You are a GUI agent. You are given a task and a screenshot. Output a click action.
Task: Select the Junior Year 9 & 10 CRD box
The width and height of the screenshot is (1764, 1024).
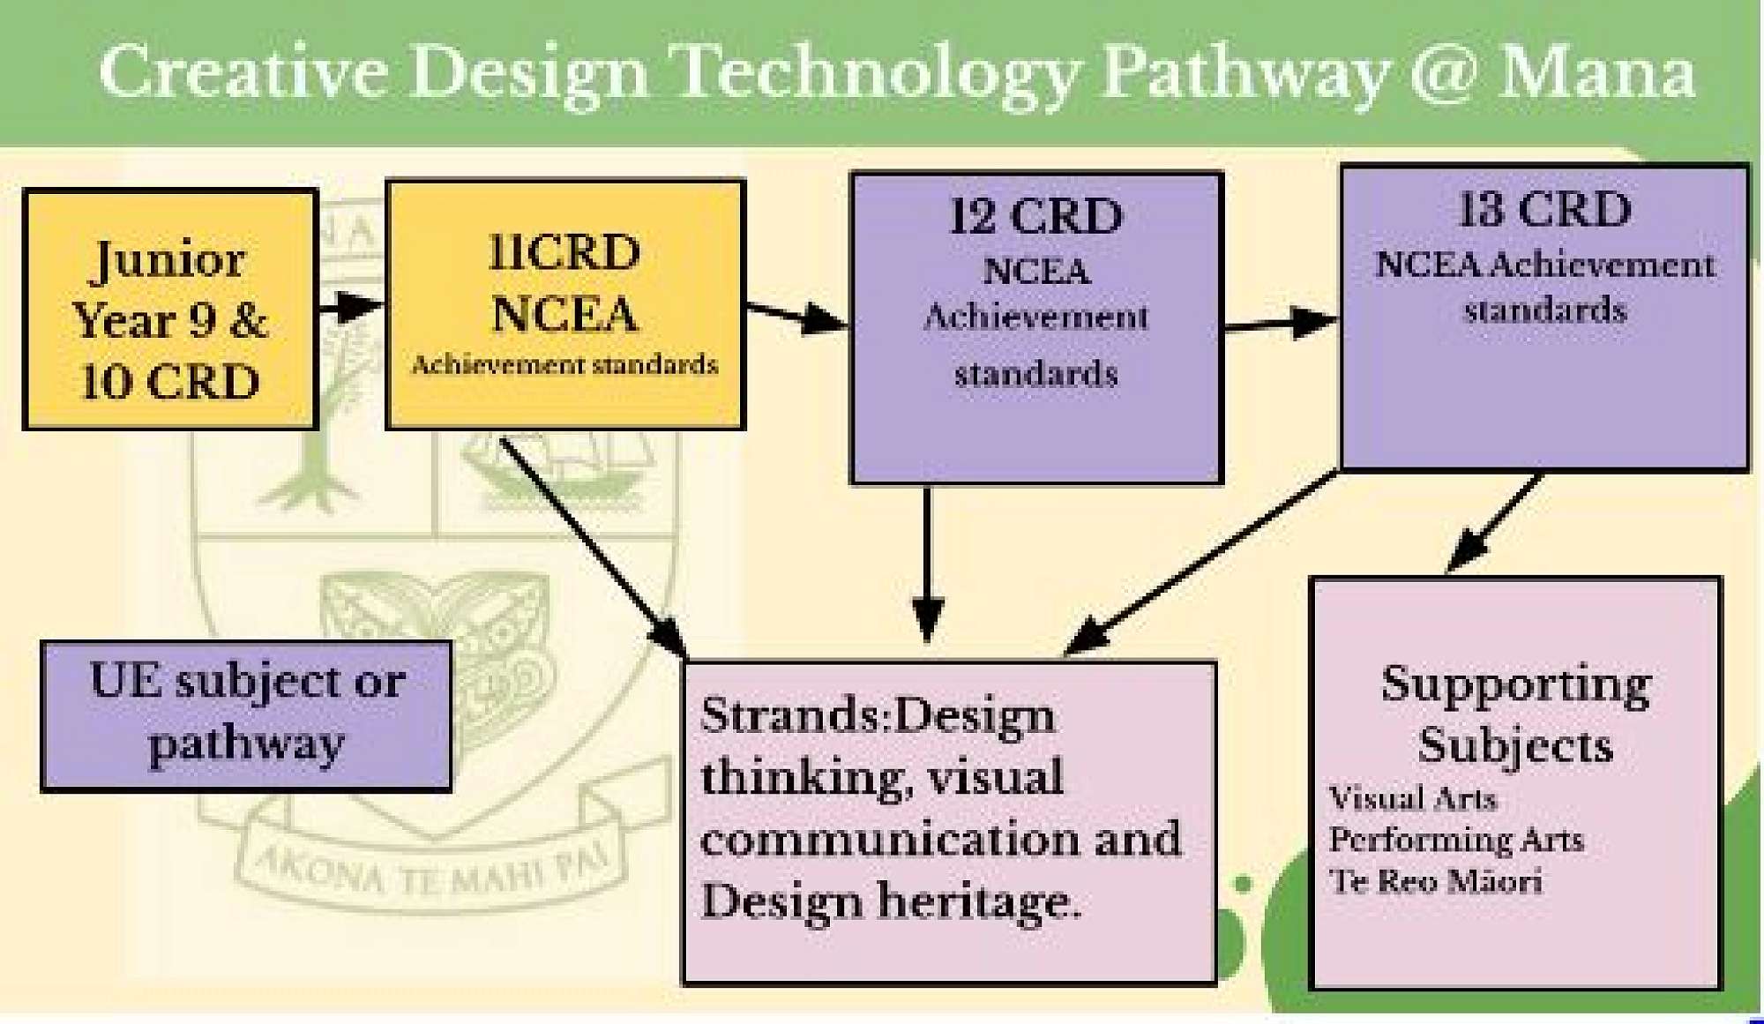coord(169,309)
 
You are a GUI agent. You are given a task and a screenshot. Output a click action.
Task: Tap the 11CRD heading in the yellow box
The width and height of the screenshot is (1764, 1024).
coord(564,253)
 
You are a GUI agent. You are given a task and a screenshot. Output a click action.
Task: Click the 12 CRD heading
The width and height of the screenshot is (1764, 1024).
coord(1035,216)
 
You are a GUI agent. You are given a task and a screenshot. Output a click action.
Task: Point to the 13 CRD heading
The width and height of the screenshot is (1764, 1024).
coord(1544,210)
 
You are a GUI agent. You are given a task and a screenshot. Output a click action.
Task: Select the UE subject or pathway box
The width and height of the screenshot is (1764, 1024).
coord(246,715)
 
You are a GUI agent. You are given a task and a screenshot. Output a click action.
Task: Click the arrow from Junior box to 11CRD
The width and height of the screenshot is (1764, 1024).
coord(350,307)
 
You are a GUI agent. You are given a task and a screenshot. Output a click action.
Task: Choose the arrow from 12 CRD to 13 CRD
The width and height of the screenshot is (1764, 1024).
coord(1280,325)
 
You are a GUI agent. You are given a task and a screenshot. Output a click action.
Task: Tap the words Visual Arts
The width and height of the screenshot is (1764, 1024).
coord(1412,799)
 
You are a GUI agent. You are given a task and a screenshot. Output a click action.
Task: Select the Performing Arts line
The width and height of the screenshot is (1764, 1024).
coord(1456,841)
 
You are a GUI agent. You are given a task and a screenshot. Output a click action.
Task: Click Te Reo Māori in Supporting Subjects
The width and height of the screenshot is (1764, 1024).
coord(1435,882)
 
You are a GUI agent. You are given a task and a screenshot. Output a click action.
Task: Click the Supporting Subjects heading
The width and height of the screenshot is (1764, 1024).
coord(1515,714)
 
